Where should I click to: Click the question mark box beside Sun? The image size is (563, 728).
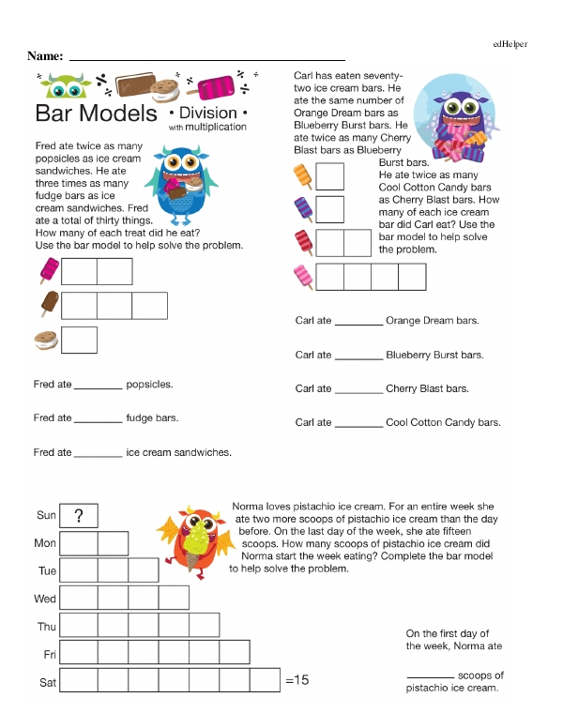[x=80, y=515]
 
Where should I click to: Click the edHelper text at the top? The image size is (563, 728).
[x=509, y=44]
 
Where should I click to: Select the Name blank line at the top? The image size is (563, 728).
[x=207, y=57]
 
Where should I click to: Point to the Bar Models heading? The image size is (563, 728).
[x=96, y=114]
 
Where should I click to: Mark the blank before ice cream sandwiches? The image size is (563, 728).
[x=98, y=454]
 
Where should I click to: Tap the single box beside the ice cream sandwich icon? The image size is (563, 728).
[x=80, y=340]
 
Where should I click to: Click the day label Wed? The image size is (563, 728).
[x=45, y=599]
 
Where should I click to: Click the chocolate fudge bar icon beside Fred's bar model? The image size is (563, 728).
[x=49, y=305]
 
